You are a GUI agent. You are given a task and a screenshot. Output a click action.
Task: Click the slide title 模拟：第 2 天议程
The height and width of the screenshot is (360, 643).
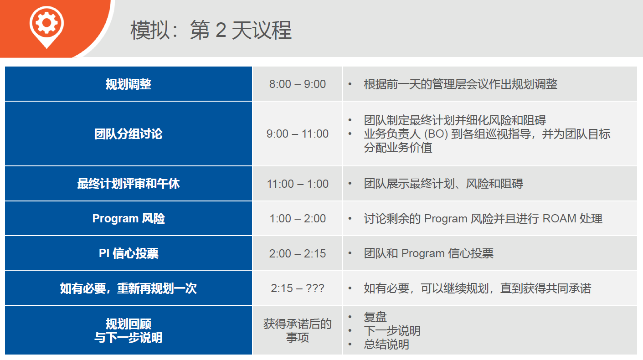pos(211,30)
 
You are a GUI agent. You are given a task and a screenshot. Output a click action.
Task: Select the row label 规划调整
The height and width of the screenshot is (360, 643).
pos(129,84)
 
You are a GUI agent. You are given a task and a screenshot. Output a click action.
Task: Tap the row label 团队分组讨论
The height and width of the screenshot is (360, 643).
pos(129,134)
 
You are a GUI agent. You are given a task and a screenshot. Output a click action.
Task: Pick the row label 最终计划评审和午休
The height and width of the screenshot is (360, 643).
pos(129,184)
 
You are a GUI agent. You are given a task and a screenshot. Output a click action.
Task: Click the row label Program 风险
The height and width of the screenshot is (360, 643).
pos(129,218)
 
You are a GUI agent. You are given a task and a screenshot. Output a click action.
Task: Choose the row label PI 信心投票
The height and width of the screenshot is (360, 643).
pos(129,253)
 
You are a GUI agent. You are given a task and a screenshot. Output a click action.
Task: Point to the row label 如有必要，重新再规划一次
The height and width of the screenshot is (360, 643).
pos(129,288)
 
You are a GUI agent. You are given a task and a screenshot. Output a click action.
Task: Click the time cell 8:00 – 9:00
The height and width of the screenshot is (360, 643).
pos(298,84)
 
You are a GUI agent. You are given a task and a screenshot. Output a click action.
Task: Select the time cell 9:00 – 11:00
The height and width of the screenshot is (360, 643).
pos(298,134)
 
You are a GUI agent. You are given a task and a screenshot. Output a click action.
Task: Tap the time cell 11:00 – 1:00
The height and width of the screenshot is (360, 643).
pos(298,184)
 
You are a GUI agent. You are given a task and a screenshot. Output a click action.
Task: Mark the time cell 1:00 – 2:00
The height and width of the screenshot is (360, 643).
pos(298,218)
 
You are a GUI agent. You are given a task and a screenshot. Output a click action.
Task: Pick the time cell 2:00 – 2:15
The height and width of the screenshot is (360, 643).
pos(298,253)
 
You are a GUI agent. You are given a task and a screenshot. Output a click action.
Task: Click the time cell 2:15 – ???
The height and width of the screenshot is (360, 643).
pos(298,288)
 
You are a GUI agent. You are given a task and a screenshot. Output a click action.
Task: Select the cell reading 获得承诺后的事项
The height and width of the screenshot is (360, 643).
pos(298,331)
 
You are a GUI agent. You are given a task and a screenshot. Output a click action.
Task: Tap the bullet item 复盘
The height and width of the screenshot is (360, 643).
pos(375,317)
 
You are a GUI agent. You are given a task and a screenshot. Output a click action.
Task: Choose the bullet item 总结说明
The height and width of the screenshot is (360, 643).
pos(386,345)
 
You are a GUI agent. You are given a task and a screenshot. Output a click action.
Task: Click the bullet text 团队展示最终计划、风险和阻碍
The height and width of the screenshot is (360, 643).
pos(443,184)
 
